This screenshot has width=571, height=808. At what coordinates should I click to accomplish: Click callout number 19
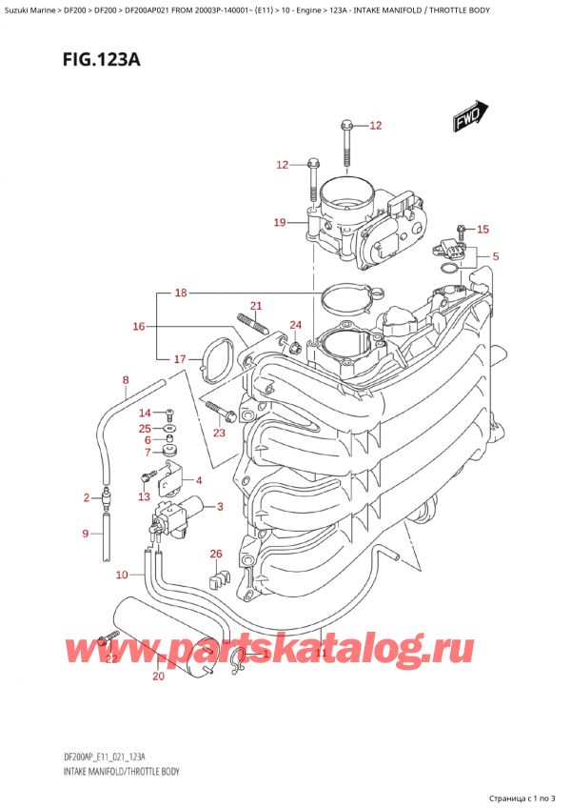[x=279, y=223]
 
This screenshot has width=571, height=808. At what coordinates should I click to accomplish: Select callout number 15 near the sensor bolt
[x=482, y=229]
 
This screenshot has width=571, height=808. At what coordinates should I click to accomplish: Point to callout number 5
[x=495, y=255]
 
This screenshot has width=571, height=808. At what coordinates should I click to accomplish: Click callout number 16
[x=139, y=327]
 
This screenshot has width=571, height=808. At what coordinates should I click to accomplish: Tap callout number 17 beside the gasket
[x=180, y=359]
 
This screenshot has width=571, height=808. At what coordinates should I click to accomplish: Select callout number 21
[x=254, y=305]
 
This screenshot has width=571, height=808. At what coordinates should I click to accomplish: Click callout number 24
[x=295, y=325]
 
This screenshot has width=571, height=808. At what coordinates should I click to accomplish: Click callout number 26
[x=215, y=554]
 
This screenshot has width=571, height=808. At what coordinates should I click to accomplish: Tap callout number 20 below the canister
[x=158, y=677]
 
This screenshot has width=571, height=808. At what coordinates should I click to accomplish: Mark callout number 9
[x=85, y=534]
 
